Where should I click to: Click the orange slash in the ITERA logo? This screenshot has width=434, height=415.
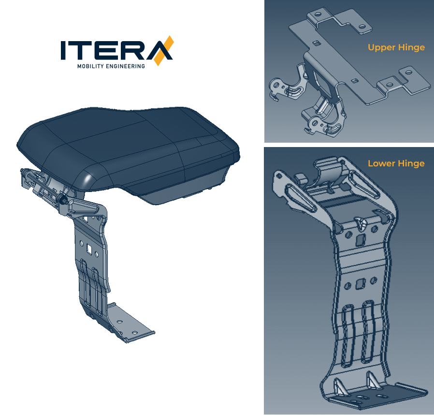point(164,51)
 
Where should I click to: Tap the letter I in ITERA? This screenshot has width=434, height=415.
point(63,50)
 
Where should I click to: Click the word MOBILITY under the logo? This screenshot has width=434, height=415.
point(90,66)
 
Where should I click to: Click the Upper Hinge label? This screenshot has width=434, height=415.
point(396,47)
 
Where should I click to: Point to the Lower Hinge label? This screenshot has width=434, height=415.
point(396,163)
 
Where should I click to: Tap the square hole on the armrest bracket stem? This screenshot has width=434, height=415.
point(89,249)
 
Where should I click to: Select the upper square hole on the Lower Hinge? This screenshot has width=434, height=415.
point(361,240)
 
